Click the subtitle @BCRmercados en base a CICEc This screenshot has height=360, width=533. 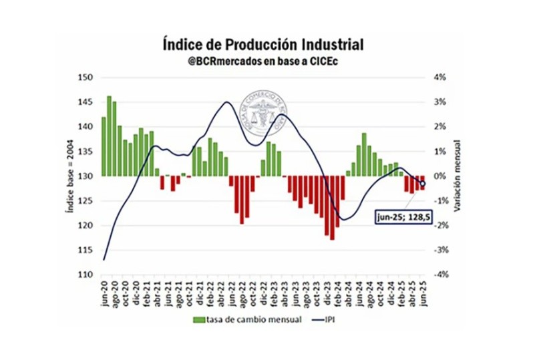pyautogui.click(x=264, y=62)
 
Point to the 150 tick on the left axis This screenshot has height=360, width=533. pyautogui.click(x=84, y=77)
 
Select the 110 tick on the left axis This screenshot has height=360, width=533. pyautogui.click(x=84, y=275)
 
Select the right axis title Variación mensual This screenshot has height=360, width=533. pyautogui.click(x=458, y=175)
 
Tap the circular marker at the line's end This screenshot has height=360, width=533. pyautogui.click(x=423, y=184)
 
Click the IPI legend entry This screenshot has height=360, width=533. pyautogui.click(x=325, y=320)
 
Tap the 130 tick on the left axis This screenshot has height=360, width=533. pyautogui.click(x=84, y=176)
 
